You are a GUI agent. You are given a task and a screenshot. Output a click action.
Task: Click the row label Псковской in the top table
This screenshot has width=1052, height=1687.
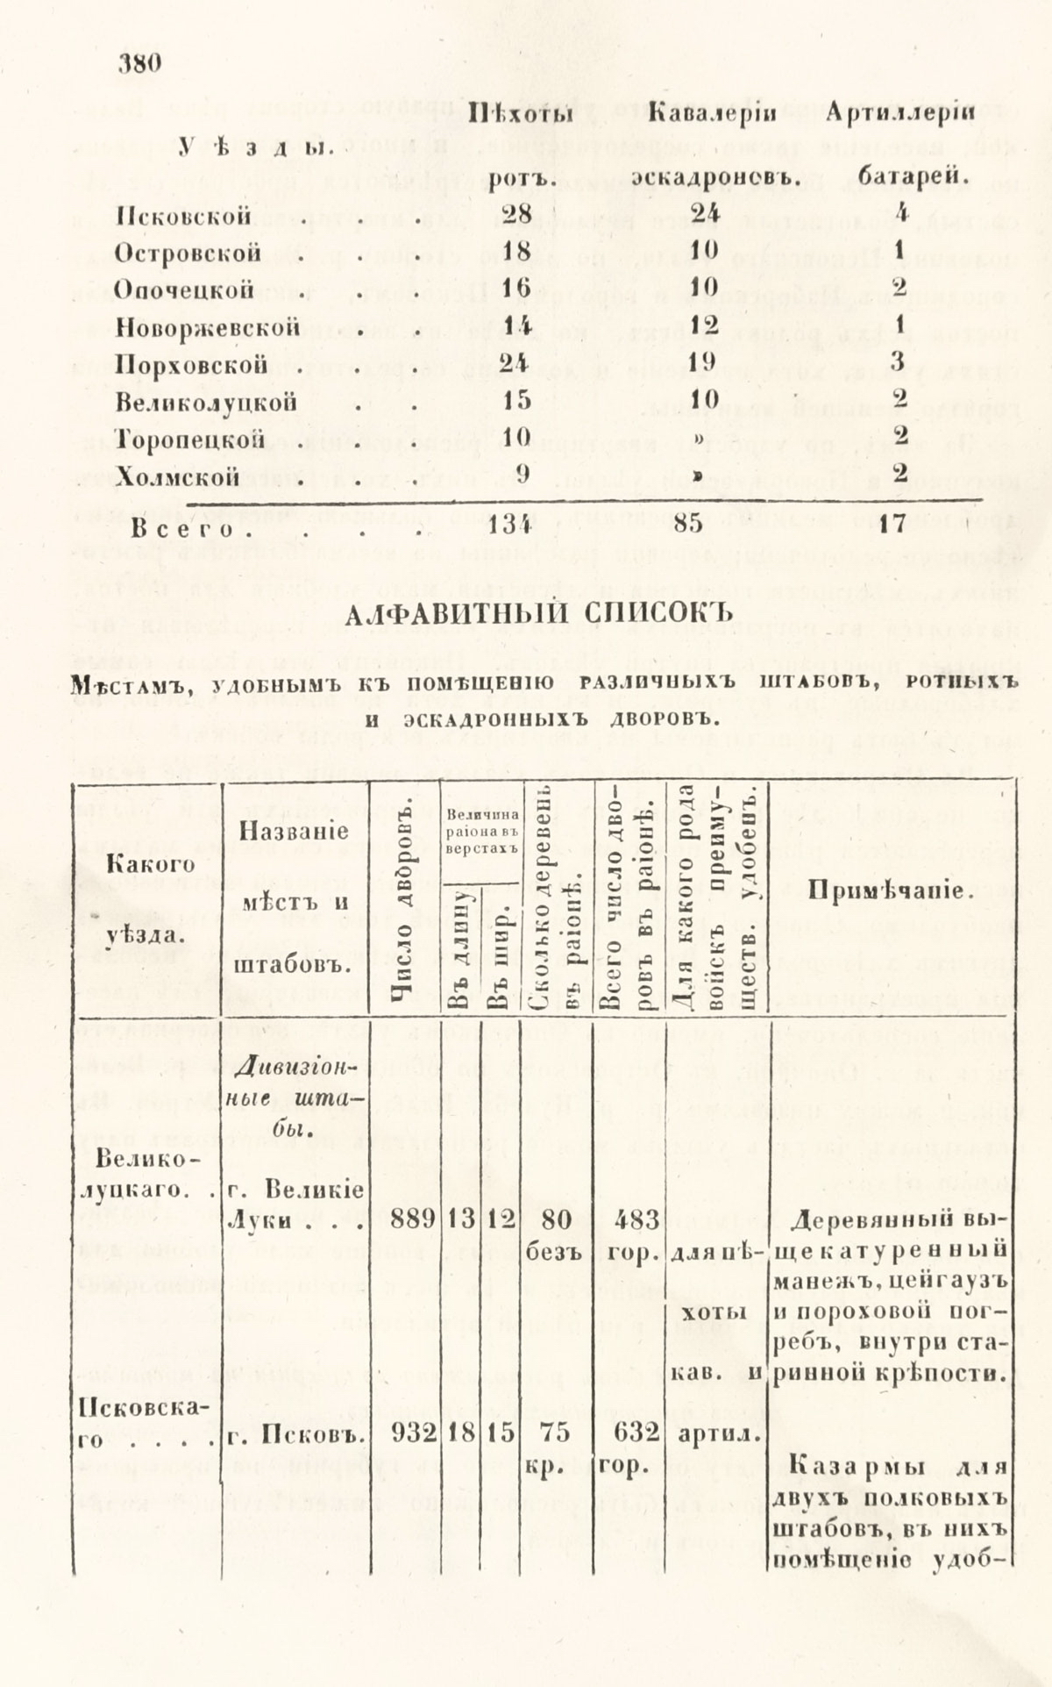183,217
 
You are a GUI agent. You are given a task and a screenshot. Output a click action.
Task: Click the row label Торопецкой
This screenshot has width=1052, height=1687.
190,439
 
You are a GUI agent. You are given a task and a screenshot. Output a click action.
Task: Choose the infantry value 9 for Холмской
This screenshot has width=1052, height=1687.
522,476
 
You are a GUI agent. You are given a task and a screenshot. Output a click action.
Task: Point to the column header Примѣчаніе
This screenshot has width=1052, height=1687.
890,891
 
